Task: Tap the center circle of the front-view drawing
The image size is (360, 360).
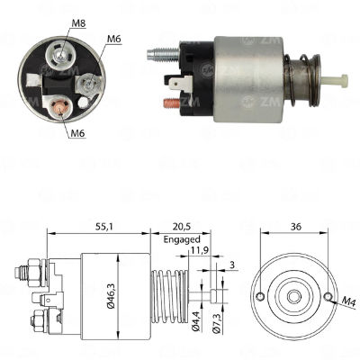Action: pyautogui.click(x=292, y=293)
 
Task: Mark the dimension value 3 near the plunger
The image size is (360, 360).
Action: pyautogui.click(x=231, y=265)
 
